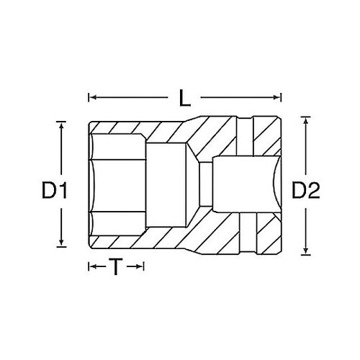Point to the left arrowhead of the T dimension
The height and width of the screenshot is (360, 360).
click(x=91, y=268)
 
